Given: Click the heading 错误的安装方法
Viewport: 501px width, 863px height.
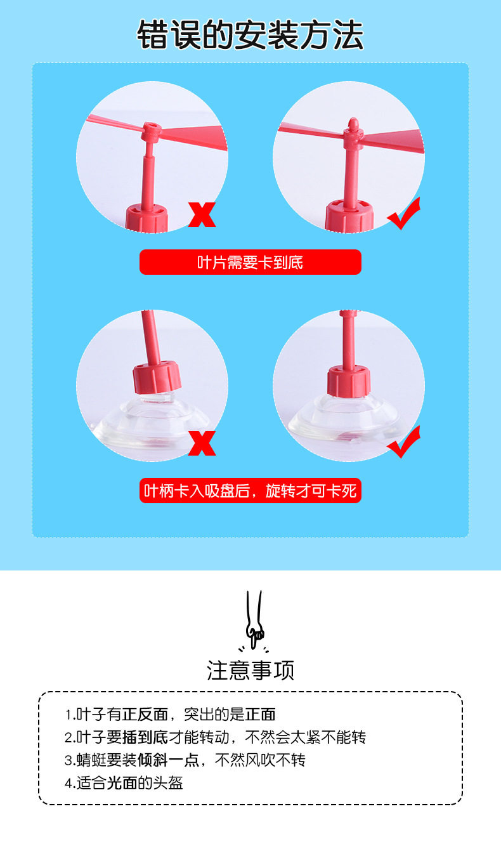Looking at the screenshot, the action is pos(251,36).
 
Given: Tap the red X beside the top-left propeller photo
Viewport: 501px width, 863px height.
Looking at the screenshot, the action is pos(202,214).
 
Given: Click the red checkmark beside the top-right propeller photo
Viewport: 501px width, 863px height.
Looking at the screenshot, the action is pos(404,213).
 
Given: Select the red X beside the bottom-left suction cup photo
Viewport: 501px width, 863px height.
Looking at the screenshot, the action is pos(202,443).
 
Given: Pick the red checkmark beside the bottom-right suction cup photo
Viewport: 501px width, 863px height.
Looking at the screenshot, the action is pos(404,442).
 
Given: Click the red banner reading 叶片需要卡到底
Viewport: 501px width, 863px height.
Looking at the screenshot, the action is pos(251,262).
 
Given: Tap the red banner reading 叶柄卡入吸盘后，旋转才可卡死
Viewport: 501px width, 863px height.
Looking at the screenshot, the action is pos(251,491).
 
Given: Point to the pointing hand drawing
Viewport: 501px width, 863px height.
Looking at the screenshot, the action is pos(254,619).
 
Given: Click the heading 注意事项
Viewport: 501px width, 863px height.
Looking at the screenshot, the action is pos(251,670).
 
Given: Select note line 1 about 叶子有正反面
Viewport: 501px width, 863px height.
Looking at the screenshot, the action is pos(170,715).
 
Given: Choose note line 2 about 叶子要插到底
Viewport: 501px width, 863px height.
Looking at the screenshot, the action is pos(215,737).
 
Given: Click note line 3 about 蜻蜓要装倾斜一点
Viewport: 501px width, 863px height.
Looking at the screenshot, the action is pos(185,760).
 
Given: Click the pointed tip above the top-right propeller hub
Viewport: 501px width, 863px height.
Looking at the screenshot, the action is pos(353,123).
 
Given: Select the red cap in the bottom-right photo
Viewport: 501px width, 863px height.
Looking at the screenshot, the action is pos(349,381).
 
